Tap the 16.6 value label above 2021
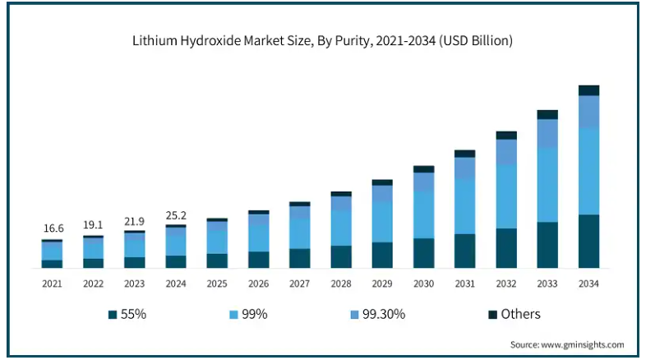tap(52, 228)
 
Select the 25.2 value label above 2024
tap(176, 215)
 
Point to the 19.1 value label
tap(93, 224)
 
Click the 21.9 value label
tap(134, 222)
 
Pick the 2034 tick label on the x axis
tap(588, 284)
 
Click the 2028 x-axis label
tap(341, 284)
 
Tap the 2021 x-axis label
tap(52, 284)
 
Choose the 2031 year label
tap(465, 284)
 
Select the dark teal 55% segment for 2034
tap(588, 242)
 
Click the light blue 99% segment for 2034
tap(588, 171)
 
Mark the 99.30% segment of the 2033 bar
tap(547, 134)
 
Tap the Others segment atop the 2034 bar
tap(588, 90)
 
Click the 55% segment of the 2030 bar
tap(423, 253)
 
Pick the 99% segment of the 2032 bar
tap(506, 196)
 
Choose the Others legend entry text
tap(521, 314)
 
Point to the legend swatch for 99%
tap(234, 315)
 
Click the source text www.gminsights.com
tap(567, 344)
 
